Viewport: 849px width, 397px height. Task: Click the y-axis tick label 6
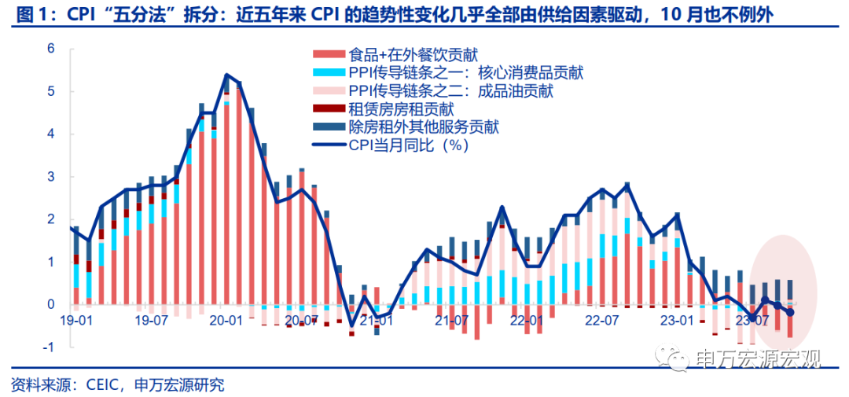point(51,49)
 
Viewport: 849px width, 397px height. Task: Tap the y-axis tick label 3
point(51,177)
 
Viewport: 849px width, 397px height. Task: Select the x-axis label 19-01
point(76,321)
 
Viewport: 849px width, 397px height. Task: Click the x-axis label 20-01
point(226,321)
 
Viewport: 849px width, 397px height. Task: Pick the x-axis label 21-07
point(451,321)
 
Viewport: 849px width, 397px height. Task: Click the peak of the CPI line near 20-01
point(226,75)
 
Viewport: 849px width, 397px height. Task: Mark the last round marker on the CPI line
point(790,312)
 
